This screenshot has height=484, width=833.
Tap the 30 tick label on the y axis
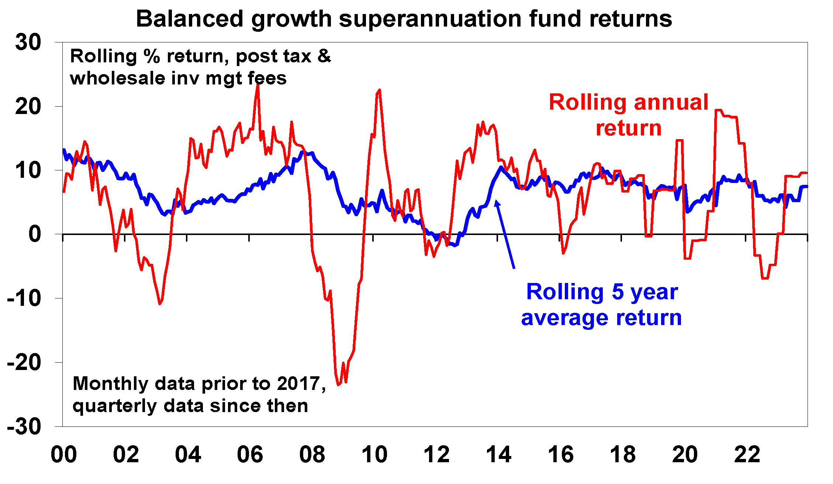coord(28,42)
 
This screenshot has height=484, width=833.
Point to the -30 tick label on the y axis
coord(24,427)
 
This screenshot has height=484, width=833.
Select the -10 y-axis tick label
coord(24,298)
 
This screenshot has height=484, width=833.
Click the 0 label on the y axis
coord(35,234)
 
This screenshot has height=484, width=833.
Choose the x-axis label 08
coord(312,454)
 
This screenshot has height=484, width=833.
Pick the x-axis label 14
coord(499,454)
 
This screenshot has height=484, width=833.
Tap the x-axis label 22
coord(747,454)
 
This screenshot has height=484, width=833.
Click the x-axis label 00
coord(64,454)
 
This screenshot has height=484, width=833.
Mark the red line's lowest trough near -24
coord(338,385)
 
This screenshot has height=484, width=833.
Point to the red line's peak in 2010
coord(379,90)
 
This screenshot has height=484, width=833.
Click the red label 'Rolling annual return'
coord(629,115)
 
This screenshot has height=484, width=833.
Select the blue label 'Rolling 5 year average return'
coord(601,304)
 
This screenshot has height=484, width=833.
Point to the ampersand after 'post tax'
coord(324,56)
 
